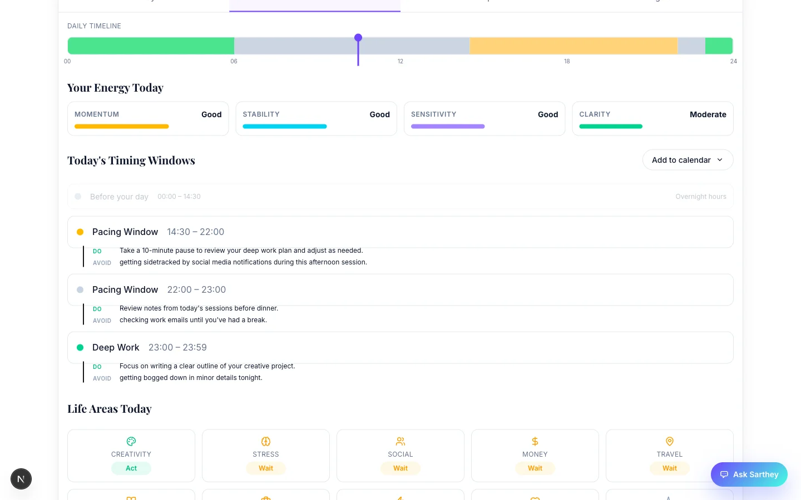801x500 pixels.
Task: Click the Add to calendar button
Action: (x=688, y=160)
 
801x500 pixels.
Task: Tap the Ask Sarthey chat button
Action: (x=749, y=474)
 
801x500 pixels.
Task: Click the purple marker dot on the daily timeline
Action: (x=358, y=38)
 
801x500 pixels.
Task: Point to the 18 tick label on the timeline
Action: (x=567, y=61)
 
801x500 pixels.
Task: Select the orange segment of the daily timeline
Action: (x=573, y=46)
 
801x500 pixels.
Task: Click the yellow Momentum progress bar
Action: (x=121, y=127)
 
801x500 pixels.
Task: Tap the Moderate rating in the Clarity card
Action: (x=708, y=114)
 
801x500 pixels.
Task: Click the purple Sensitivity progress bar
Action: (x=448, y=127)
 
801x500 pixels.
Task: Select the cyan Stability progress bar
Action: (x=284, y=127)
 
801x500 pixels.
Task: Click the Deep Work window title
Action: (x=116, y=347)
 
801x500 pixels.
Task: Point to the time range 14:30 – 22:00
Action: (x=195, y=232)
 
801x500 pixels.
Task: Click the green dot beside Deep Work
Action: (x=80, y=347)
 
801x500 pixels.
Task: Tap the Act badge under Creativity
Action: (x=131, y=468)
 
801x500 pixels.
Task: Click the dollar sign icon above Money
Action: (x=535, y=441)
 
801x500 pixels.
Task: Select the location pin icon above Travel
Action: (x=670, y=441)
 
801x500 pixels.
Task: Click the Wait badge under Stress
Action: (x=266, y=468)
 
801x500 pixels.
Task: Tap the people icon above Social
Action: (x=400, y=441)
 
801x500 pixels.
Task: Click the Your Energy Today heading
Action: (x=115, y=88)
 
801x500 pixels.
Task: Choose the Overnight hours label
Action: (x=700, y=197)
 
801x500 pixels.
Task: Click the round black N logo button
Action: (x=21, y=479)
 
